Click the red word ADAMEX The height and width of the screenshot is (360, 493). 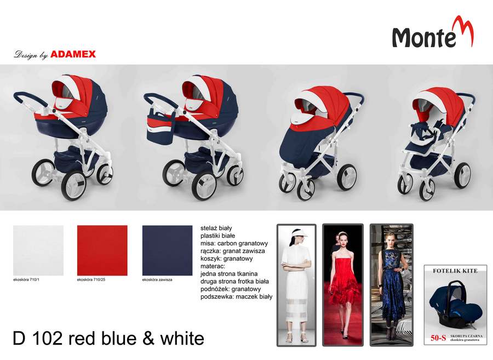[73, 54]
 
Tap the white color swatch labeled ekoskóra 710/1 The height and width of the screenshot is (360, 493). [38, 250]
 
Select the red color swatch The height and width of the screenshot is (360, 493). [102, 250]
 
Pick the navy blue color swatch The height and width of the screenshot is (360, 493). [167, 250]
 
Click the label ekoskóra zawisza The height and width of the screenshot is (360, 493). [157, 279]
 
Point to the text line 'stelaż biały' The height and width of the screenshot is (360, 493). [216, 228]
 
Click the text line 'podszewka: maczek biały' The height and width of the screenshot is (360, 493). [237, 296]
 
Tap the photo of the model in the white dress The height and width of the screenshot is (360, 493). [296, 285]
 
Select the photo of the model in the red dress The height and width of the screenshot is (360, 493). [343, 285]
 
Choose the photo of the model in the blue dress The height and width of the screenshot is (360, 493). [391, 285]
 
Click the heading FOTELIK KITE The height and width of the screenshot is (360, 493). [455, 271]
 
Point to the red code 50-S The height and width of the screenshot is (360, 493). [438, 338]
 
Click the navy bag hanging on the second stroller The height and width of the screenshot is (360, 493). [160, 125]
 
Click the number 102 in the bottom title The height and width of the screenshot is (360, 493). [47, 339]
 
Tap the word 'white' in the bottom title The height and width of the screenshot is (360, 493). [182, 339]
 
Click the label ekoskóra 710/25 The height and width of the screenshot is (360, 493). [91, 279]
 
